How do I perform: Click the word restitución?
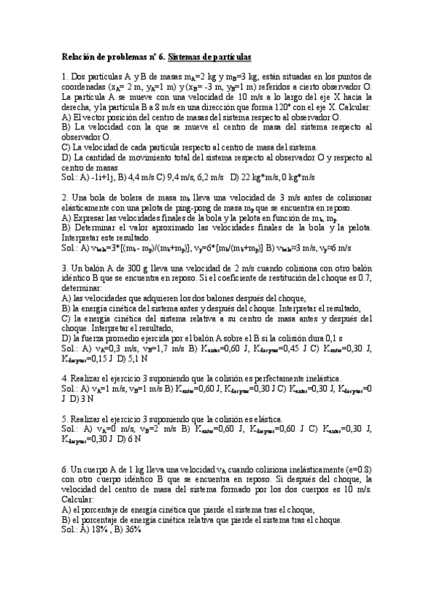[308, 277]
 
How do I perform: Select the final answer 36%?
[131, 529]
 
